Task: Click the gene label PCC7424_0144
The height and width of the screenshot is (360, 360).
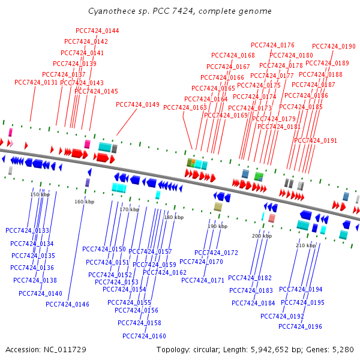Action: [x=97, y=31]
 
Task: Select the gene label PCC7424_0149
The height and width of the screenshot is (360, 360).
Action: [x=137, y=104]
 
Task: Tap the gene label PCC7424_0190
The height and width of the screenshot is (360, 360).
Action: [x=334, y=46]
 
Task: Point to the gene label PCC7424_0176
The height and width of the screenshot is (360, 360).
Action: [x=272, y=45]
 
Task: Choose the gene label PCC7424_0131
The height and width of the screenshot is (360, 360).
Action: [x=36, y=83]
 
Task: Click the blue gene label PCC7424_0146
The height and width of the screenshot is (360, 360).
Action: [x=67, y=304]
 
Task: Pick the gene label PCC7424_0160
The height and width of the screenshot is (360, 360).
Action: [x=144, y=336]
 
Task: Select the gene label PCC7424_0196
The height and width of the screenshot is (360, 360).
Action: [x=300, y=326]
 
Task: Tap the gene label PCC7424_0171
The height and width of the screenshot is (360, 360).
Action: [x=203, y=280]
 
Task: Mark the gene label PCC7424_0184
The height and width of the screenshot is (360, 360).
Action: [x=253, y=303]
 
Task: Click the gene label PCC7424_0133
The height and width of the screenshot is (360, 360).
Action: [x=27, y=230]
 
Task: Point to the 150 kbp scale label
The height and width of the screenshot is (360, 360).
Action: [x=40, y=194]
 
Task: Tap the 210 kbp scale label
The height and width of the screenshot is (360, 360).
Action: [x=306, y=245]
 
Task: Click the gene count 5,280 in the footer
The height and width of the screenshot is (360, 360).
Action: [x=343, y=349]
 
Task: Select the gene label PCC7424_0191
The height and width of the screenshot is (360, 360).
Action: [x=316, y=140]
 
